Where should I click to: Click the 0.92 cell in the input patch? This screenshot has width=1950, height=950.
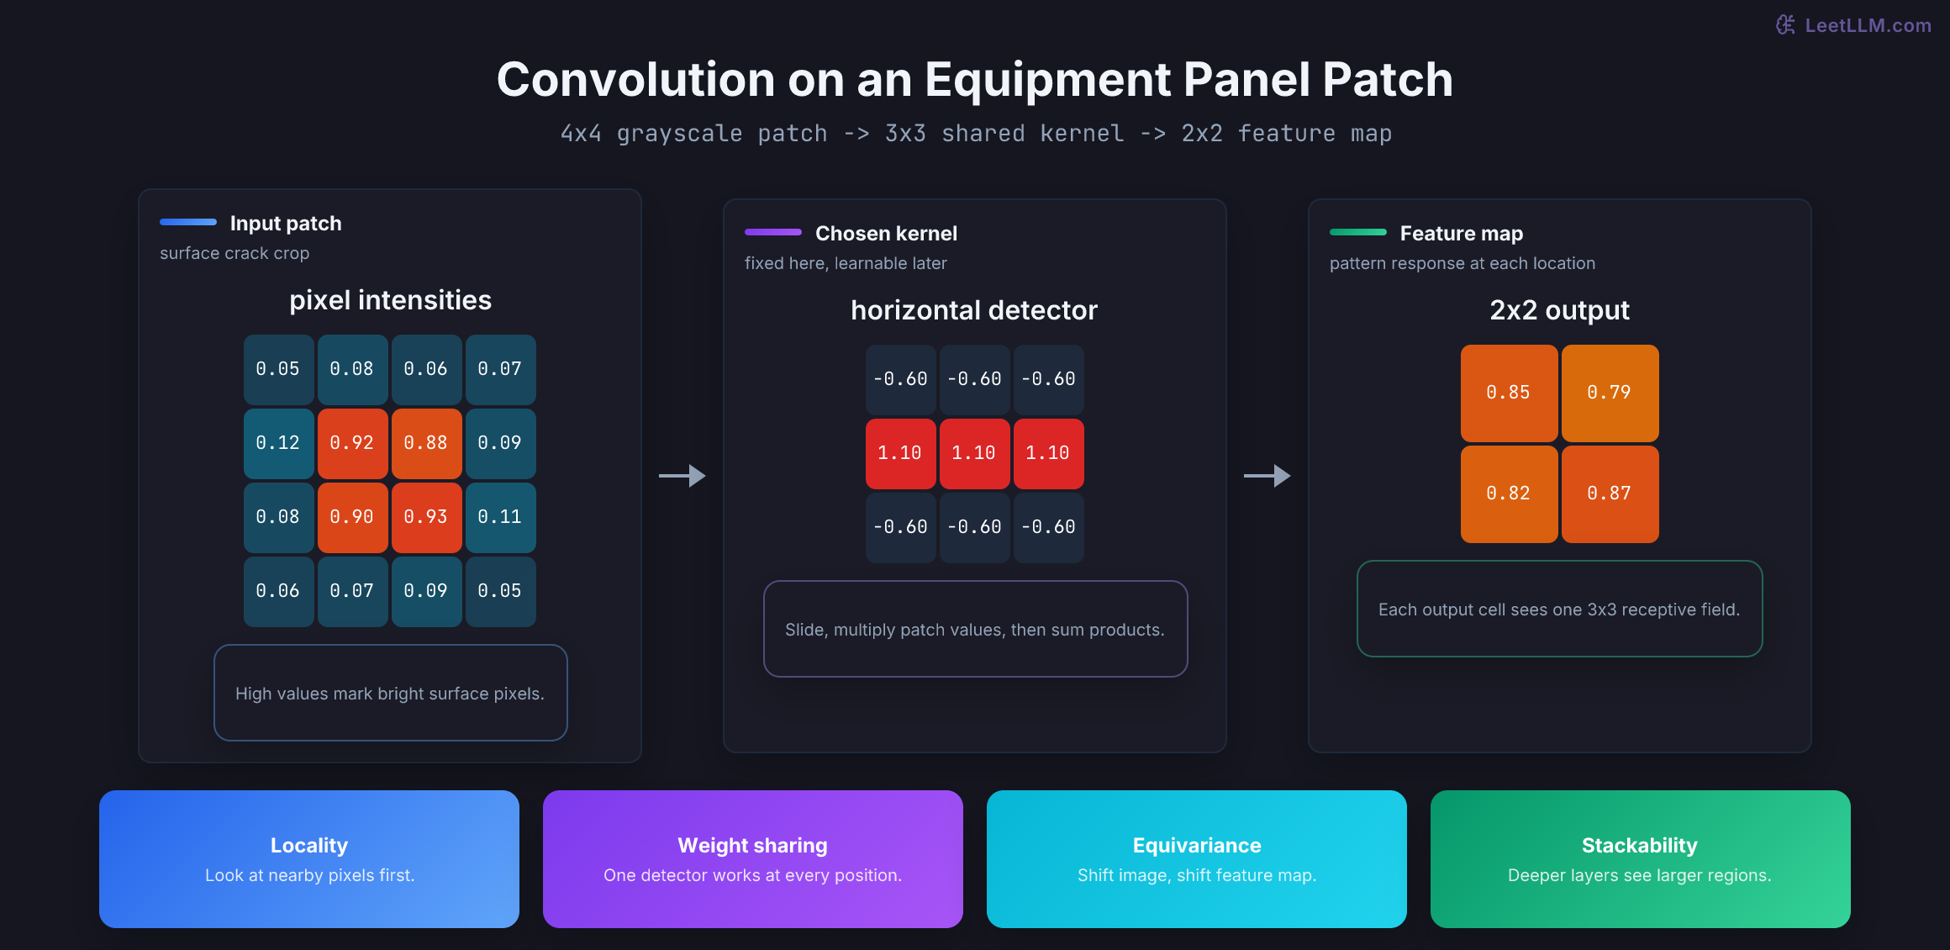352,443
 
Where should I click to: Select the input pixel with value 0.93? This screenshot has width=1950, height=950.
426,517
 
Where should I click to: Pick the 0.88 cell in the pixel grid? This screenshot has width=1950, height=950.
426,443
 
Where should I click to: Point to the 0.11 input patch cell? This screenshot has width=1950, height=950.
500,517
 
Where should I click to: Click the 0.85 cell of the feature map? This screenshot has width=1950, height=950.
1509,393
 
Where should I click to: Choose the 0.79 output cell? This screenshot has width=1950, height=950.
1610,393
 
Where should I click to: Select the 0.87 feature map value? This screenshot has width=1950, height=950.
1610,493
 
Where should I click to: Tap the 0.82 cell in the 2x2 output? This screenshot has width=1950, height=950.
1509,493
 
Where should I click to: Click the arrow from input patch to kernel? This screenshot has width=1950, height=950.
682,476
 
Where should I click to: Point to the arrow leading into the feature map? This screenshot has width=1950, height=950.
1267,476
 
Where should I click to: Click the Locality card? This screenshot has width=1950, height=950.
309,859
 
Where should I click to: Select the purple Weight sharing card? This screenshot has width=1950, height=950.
753,859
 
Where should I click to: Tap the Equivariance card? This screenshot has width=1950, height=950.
1197,859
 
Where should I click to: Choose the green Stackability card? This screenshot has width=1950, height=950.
1641,859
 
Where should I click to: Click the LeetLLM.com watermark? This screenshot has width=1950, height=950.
1853,25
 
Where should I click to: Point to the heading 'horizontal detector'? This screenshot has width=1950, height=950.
974,310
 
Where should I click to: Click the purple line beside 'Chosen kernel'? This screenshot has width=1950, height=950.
773,232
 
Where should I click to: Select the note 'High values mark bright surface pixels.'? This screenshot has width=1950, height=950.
391,693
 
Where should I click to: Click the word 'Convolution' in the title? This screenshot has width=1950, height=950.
636,80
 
